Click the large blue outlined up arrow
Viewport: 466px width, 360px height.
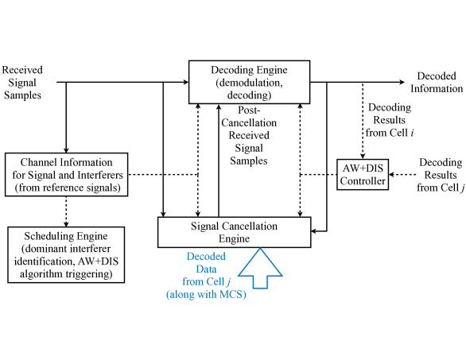(x=260, y=269)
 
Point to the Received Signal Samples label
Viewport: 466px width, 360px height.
(x=22, y=83)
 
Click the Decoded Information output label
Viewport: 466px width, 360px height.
(x=437, y=83)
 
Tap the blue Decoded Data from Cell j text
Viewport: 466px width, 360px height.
(x=206, y=275)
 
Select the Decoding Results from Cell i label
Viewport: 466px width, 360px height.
(x=390, y=120)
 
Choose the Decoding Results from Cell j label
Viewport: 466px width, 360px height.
(x=441, y=175)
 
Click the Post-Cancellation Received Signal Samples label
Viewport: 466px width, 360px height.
(x=249, y=135)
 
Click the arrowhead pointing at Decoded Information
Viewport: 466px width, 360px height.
(x=402, y=82)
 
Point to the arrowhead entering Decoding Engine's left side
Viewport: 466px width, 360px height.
(x=186, y=82)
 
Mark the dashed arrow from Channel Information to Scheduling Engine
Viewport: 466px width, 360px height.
(x=66, y=211)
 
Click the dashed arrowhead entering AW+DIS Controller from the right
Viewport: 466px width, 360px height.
(x=391, y=175)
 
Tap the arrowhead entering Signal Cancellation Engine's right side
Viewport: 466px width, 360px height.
(x=314, y=231)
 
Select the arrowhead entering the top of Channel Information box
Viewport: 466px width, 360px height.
(x=66, y=150)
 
